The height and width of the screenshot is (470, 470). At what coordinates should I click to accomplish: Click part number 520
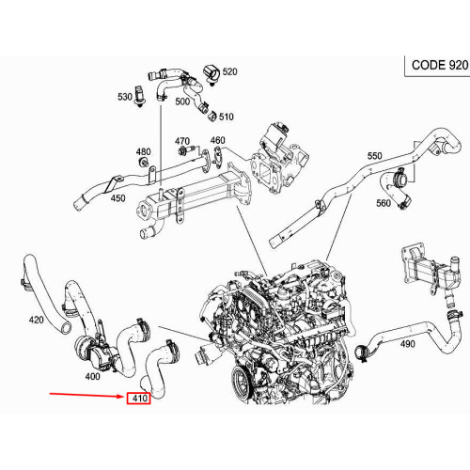point(229,71)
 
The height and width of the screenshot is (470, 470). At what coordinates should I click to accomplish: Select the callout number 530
point(125,97)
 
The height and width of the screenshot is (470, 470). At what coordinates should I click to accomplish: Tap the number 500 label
point(182,101)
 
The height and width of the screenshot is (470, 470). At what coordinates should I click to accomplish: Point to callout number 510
point(226,117)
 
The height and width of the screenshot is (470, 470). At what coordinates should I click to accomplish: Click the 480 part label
point(143,151)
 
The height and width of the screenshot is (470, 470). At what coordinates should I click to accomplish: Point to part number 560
point(383,203)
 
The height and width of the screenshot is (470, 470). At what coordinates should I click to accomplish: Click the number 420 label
point(36,320)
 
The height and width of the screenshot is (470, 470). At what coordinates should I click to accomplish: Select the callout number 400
point(92,376)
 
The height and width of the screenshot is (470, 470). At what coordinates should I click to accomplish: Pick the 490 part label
point(407,344)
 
